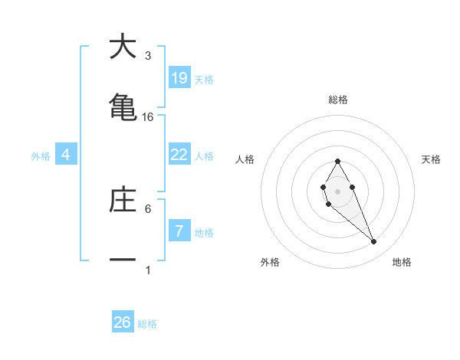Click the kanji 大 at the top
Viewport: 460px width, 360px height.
coord(123,47)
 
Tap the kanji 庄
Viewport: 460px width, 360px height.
coord(123,198)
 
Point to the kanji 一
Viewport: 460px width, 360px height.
coord(123,260)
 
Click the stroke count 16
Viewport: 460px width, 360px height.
coord(148,116)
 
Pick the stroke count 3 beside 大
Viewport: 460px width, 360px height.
coord(148,56)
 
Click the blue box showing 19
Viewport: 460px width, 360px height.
coord(179,78)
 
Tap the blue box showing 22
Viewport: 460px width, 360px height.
coord(179,155)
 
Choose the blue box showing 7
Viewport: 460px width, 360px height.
coord(179,231)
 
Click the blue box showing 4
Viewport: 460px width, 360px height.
coord(66,155)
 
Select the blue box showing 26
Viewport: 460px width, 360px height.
coord(123,322)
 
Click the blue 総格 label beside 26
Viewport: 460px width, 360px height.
coord(148,324)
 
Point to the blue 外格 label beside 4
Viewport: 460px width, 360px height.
coord(41,156)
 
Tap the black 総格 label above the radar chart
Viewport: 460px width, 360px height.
coord(338,100)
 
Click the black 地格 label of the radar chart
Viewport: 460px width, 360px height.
coord(402,262)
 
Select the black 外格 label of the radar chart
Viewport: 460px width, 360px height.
coord(271,262)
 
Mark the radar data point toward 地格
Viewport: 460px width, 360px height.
coord(373,242)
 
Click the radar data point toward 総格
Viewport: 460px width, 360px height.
coord(337,162)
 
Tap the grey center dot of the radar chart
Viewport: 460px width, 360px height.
coord(337,190)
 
